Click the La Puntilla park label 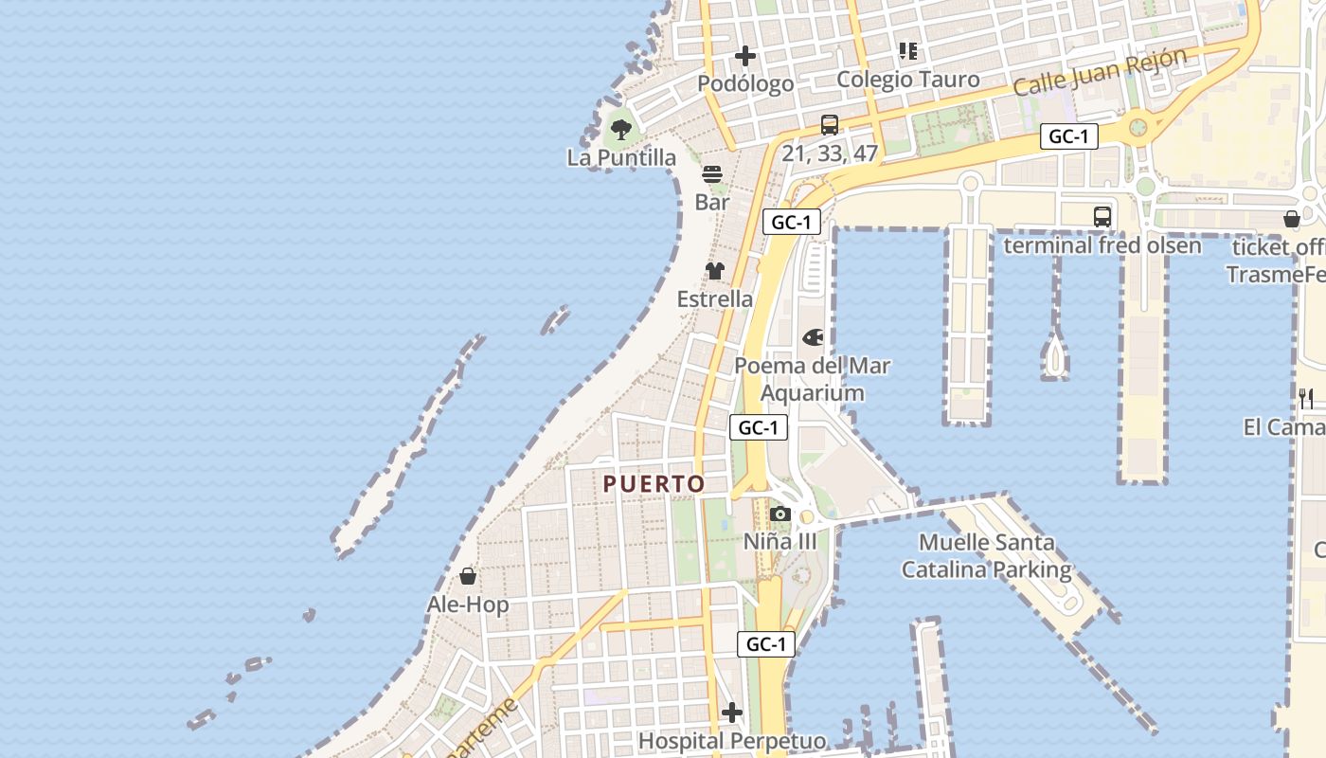coord(621,157)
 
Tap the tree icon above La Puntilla coord(621,130)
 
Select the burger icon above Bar coord(712,174)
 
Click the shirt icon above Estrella coord(715,271)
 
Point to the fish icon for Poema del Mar coord(813,337)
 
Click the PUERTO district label coord(654,483)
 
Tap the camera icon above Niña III coord(779,514)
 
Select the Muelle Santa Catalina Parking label coord(986,556)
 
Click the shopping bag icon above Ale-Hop coord(468,576)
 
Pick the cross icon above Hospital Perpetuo coord(732,713)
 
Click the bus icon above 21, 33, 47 coord(830,124)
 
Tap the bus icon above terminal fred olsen coord(1102,216)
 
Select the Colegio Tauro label coord(908,80)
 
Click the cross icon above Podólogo coord(745,56)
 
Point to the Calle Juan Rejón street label coord(1100,71)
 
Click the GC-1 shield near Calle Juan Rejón coord(1069,136)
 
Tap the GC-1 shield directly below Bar coord(791,223)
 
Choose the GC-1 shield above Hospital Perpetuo coord(766,644)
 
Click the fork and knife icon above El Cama coord(1306,399)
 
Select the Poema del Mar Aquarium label coord(813,379)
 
